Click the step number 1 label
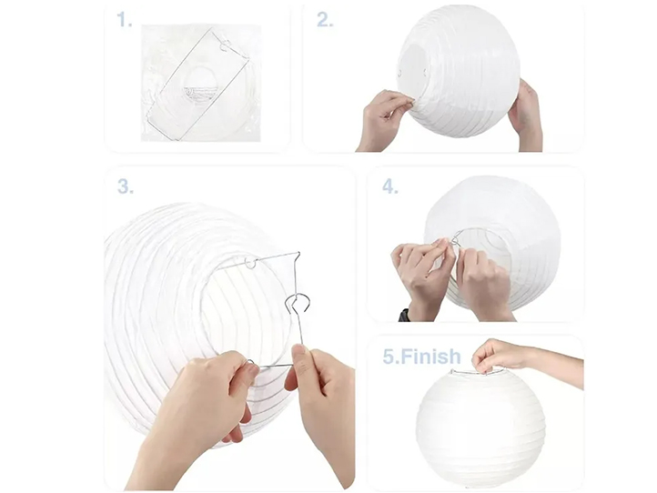pyautogui.click(x=124, y=20)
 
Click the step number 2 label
pyautogui.click(x=325, y=20)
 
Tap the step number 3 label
pyautogui.click(x=126, y=186)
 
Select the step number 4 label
pyautogui.click(x=389, y=186)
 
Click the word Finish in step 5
pyautogui.click(x=430, y=357)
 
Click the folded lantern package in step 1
pyautogui.click(x=200, y=83)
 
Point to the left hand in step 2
pyautogui.click(x=383, y=118)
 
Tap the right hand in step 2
pyautogui.click(x=525, y=116)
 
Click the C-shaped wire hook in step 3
pyautogui.click(x=297, y=303)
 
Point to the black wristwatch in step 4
pyautogui.click(x=404, y=315)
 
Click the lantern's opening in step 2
pyautogui.click(x=413, y=71)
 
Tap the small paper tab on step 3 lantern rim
pyautogui.click(x=250, y=263)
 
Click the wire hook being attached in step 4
pyautogui.click(x=456, y=238)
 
